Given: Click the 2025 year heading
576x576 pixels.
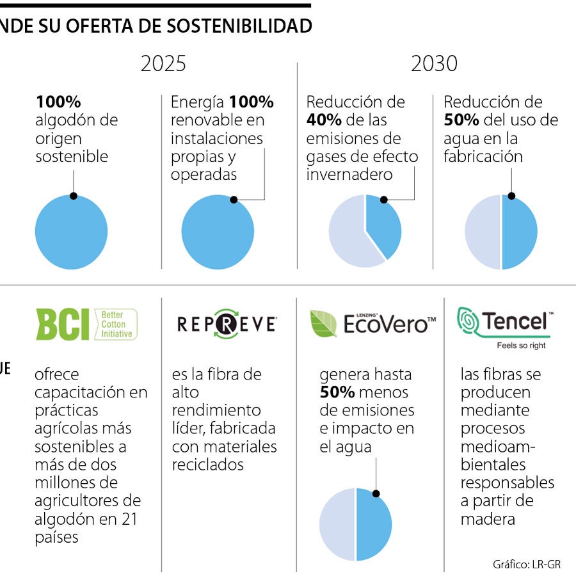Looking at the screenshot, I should point(163,64).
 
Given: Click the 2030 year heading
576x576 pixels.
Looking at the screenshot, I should point(434,64).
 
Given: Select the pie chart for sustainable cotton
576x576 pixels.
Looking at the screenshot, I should point(71,232).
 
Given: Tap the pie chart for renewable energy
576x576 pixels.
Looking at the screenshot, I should point(218,232).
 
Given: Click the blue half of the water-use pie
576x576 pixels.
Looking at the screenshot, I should point(519,233).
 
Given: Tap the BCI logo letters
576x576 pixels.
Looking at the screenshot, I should point(62,324).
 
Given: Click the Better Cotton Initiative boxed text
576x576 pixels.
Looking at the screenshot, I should point(116,324).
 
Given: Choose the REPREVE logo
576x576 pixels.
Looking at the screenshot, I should point(226,324).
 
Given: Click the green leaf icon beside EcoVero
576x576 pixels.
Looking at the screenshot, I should point(323,324).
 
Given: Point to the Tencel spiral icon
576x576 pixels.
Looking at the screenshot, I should point(468,321).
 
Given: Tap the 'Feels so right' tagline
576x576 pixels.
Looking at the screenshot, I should point(522,346).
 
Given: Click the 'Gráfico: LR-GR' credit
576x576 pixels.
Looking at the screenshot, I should point(527,564).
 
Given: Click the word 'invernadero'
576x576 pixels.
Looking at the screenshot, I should point(349,175).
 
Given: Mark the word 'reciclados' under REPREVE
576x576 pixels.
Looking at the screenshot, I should point(207,465).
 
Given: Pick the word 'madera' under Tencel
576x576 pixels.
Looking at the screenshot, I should point(488,519).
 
